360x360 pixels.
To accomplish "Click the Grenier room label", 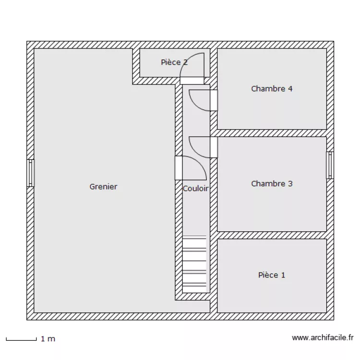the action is [x=103, y=186].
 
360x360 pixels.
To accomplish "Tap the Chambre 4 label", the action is [x=272, y=89].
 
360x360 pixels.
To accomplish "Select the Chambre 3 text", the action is [x=272, y=183].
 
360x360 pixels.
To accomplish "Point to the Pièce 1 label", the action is [x=272, y=275].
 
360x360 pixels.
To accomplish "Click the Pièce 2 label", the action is [x=174, y=62].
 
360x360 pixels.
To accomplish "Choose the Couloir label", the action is [x=196, y=189].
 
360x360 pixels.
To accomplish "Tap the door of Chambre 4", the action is [x=203, y=100].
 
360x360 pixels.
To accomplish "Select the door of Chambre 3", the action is [x=203, y=147].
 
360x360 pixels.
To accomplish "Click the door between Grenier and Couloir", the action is [x=191, y=168].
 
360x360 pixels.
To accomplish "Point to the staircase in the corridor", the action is [x=194, y=264].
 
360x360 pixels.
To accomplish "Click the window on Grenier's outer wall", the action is [x=30, y=173].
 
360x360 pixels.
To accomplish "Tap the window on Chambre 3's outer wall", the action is [x=330, y=165].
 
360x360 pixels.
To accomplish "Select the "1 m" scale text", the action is [x=48, y=339].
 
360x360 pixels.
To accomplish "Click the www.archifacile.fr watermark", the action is [x=323, y=337].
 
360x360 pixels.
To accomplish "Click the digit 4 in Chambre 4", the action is [x=290, y=89].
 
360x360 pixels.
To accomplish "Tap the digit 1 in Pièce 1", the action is [x=283, y=275].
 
